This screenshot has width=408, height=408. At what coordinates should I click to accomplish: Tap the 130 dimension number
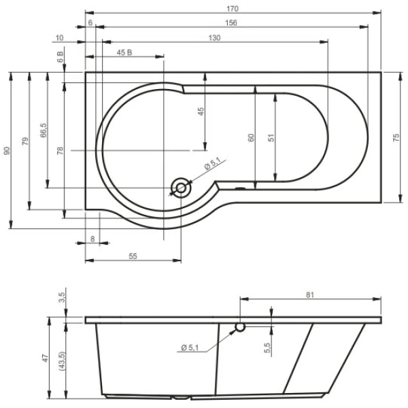click(215, 37)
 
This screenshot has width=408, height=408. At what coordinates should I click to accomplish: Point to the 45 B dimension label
click(124, 53)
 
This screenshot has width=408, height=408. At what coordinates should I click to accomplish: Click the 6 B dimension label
click(61, 57)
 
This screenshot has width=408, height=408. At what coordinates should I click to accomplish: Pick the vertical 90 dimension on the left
click(7, 150)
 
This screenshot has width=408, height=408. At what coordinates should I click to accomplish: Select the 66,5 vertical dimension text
click(43, 130)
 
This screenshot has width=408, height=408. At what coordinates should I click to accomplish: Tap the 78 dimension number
click(61, 150)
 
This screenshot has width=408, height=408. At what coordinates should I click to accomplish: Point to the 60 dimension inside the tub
click(251, 137)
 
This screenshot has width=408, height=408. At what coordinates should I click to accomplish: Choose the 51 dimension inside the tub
click(271, 137)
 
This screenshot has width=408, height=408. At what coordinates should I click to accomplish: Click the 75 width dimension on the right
click(396, 137)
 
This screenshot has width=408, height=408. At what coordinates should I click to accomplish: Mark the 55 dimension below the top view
click(133, 256)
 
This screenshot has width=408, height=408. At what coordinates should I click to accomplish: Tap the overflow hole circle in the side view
click(240, 328)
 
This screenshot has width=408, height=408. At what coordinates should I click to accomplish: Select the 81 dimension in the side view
click(310, 294)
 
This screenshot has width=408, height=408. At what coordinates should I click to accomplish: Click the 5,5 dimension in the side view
click(268, 346)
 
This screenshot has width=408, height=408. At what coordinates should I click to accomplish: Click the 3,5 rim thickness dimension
click(62, 298)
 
